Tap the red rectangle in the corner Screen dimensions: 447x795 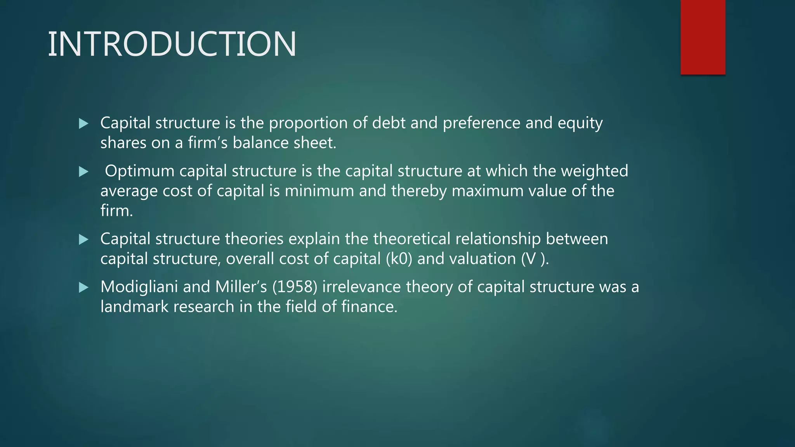coord(703,37)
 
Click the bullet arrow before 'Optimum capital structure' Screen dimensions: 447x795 coord(83,172)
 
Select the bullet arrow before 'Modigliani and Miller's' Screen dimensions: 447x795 coord(83,288)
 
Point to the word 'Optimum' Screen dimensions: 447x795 coord(139,171)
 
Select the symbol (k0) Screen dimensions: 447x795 coord(399,259)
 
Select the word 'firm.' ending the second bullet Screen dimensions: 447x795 coord(116,211)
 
